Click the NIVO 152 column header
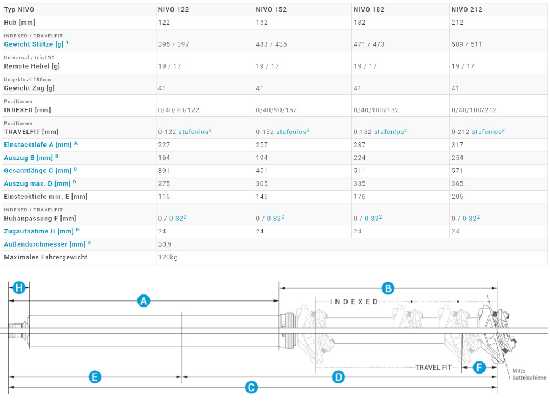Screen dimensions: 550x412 pyautogui.click(x=271, y=9)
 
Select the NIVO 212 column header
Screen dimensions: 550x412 pyautogui.click(x=466, y=9)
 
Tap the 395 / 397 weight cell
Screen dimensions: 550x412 pyautogui.click(x=173, y=44)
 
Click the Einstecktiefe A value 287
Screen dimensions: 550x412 pyautogui.click(x=359, y=144)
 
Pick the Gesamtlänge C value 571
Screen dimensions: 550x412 pyautogui.click(x=457, y=171)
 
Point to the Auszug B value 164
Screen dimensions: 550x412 pyautogui.click(x=164, y=158)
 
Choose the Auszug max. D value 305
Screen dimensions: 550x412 pyautogui.click(x=262, y=183)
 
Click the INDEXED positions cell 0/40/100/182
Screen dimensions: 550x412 pyautogui.click(x=376, y=110)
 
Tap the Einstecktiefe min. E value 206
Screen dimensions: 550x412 pyautogui.click(x=457, y=197)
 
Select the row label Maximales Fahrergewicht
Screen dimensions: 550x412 pyautogui.click(x=46, y=257)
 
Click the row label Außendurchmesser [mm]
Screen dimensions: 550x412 pyautogui.click(x=45, y=244)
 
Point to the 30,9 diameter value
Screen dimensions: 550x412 pyautogui.click(x=164, y=244)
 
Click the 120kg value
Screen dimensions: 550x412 pyautogui.click(x=168, y=257)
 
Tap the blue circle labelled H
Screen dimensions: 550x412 pyautogui.click(x=19, y=288)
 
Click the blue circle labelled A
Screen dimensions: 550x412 pyautogui.click(x=144, y=300)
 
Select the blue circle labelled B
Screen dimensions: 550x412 pyautogui.click(x=388, y=288)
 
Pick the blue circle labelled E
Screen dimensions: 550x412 pyautogui.click(x=95, y=377)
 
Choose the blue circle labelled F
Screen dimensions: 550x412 pyautogui.click(x=479, y=368)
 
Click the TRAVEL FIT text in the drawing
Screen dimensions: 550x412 pyautogui.click(x=433, y=368)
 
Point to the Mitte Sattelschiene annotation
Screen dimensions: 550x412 pyautogui.click(x=529, y=374)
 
